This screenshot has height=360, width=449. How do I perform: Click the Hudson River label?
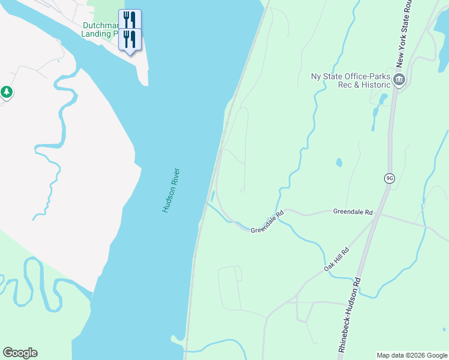171,190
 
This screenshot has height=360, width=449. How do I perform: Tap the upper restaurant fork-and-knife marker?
130,18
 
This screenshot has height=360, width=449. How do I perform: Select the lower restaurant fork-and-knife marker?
130,39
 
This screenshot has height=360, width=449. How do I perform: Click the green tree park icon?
7,92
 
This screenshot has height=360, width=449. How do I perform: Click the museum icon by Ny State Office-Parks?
399,80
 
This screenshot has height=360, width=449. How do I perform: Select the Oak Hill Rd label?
337,260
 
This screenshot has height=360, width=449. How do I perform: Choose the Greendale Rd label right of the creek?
353,212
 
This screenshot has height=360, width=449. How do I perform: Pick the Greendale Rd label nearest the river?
267,222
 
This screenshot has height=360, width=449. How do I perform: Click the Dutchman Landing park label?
102,30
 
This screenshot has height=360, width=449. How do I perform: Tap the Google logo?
20,353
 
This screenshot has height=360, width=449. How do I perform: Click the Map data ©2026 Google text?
412,355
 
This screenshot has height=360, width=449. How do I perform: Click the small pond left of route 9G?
339,163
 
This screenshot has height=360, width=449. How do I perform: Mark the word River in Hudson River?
176,179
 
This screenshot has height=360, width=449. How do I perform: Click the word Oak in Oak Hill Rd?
329,267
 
